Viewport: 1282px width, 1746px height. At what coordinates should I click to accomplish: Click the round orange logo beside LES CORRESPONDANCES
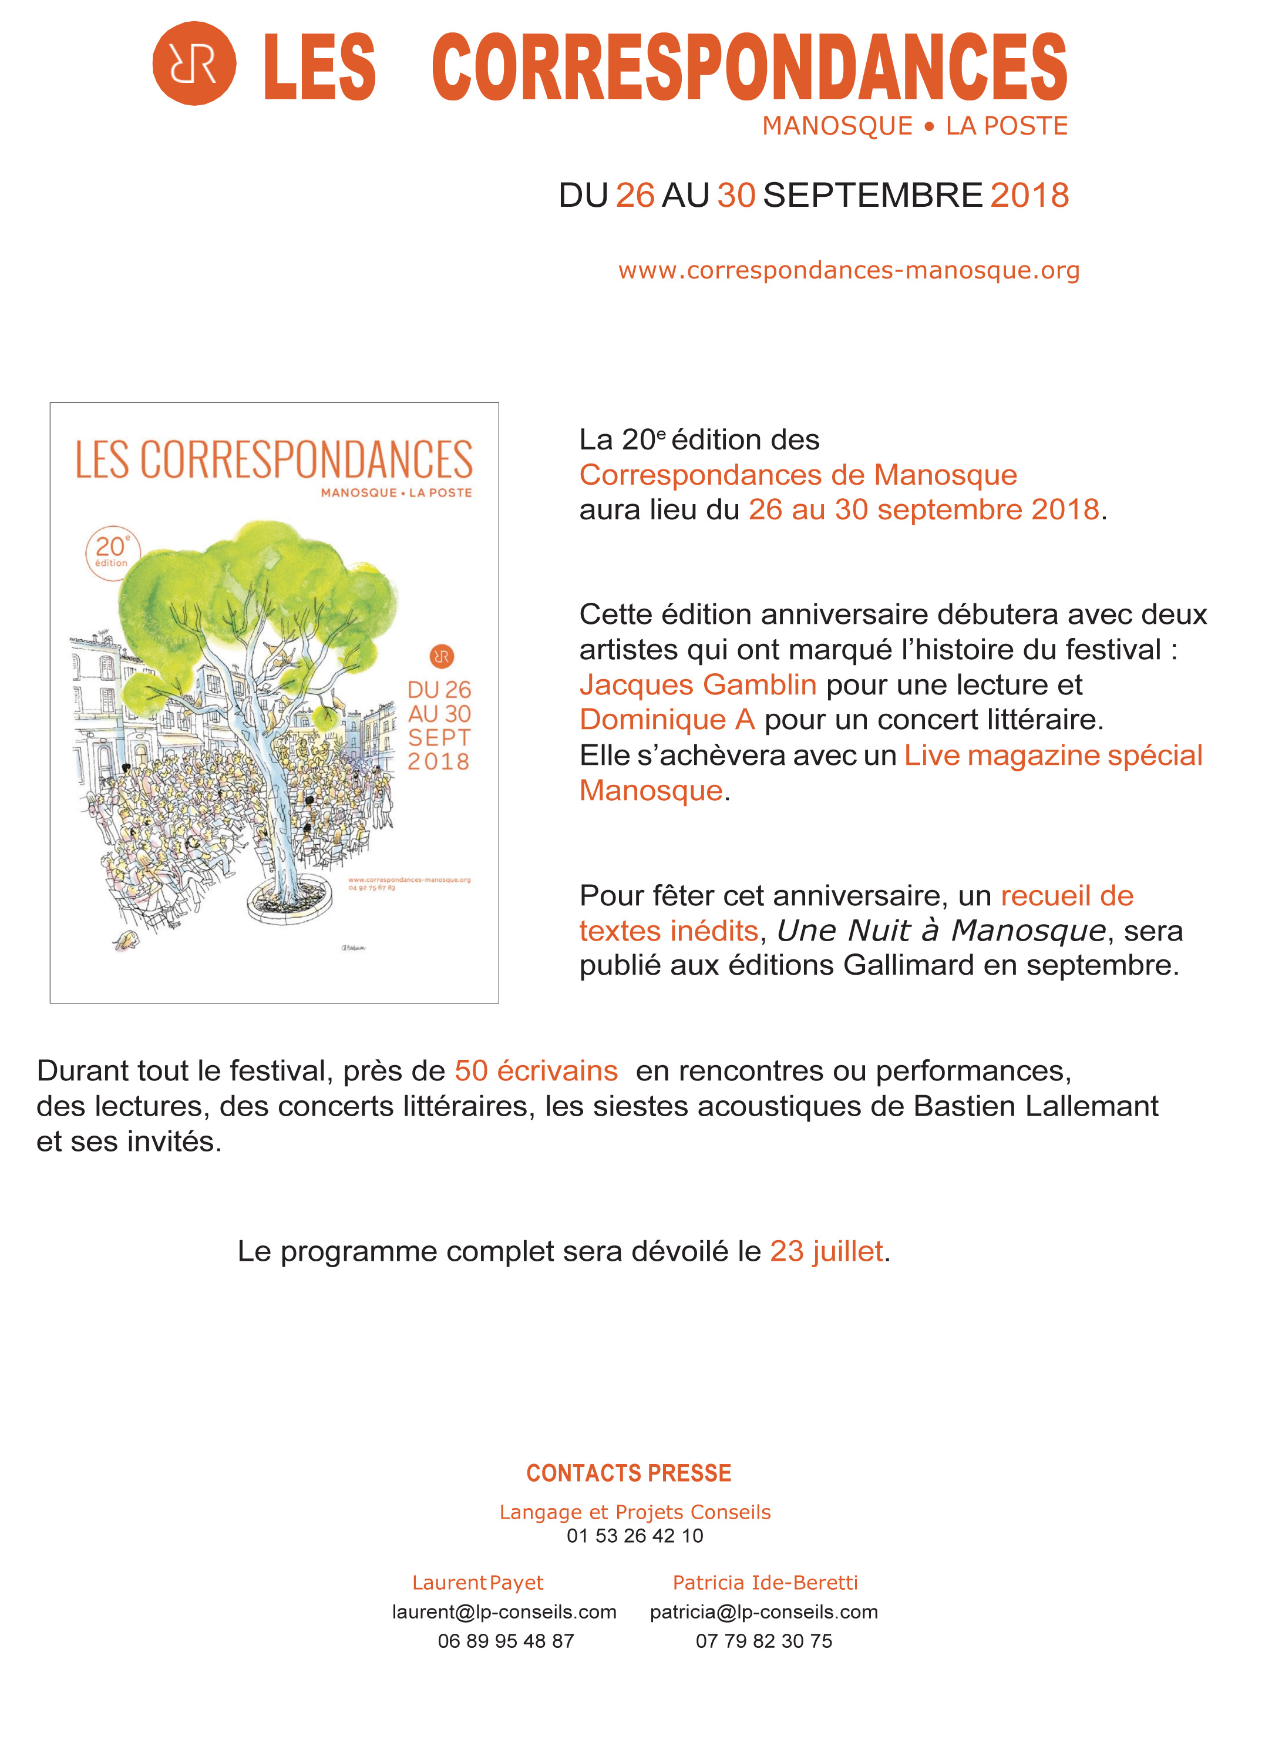pos(194,63)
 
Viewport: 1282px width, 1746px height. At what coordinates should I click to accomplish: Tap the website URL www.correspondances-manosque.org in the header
pos(848,270)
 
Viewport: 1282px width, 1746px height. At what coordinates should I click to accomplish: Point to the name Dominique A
pos(667,720)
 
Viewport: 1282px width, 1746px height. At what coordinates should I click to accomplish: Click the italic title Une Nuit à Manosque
pos(941,930)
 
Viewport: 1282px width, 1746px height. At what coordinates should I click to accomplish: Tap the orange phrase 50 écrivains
pos(536,1070)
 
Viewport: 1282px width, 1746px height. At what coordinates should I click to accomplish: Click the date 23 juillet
pos(826,1251)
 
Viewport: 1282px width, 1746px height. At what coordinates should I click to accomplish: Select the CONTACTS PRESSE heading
pos(628,1473)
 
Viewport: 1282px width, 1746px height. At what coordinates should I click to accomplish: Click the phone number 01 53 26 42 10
pos(635,1536)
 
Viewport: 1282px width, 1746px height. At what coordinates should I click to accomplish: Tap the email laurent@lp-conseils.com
pos(504,1611)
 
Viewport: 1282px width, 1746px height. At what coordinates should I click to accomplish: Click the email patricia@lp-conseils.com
pos(763,1611)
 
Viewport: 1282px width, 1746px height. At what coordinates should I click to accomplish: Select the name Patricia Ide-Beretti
pos(765,1582)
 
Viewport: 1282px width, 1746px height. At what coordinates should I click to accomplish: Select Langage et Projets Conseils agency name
pos(635,1512)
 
